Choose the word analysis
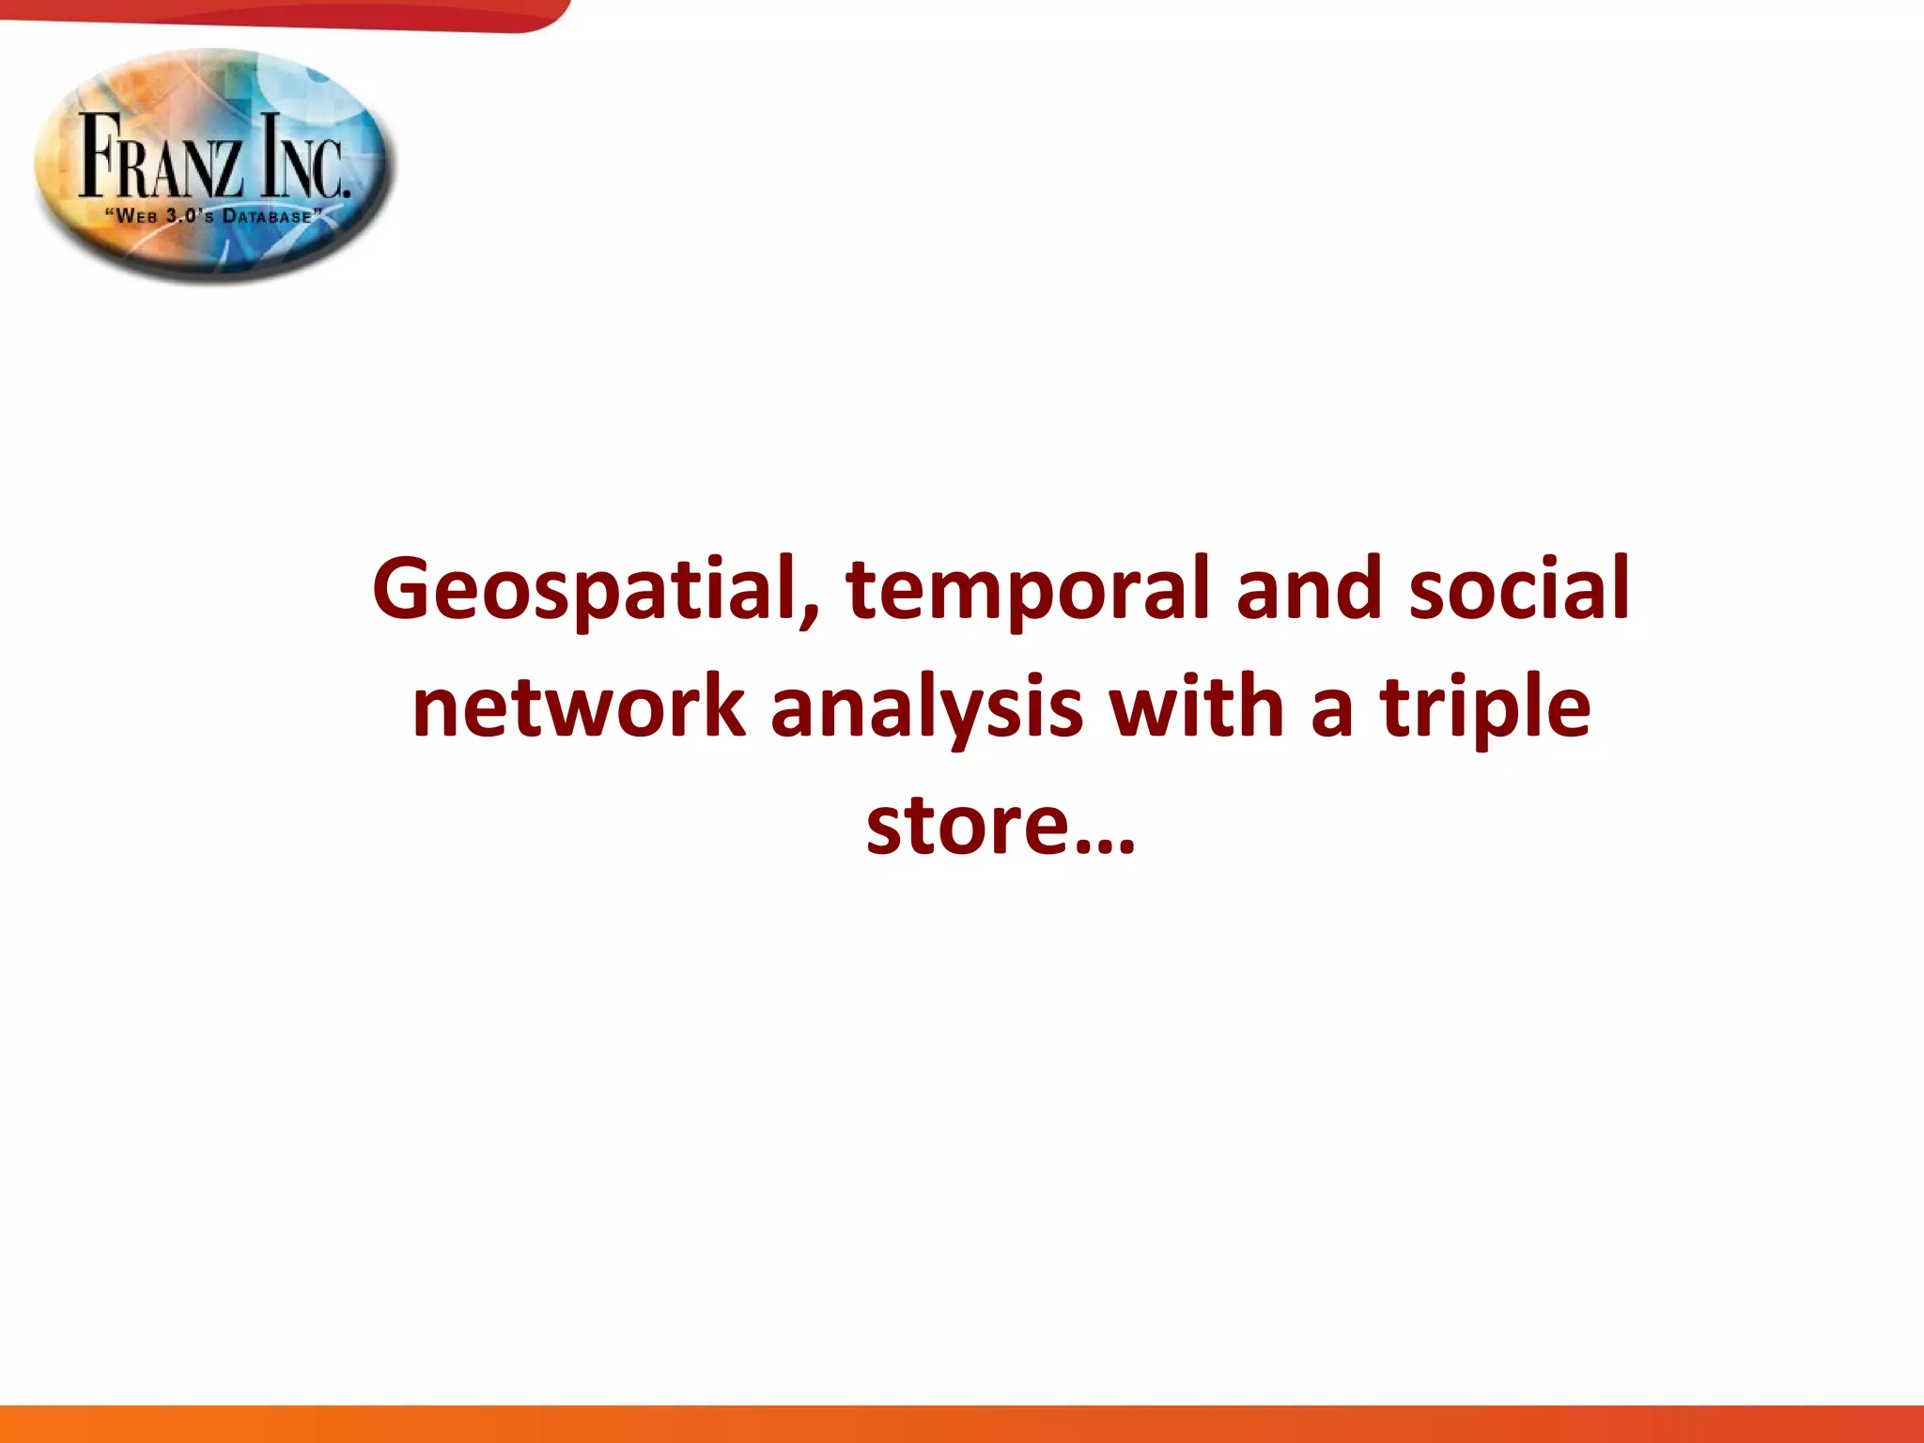[x=926, y=708]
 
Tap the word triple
[x=1484, y=708]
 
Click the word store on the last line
[x=968, y=825]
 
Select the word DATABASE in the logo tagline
[x=267, y=217]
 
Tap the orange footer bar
[x=962, y=1424]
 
